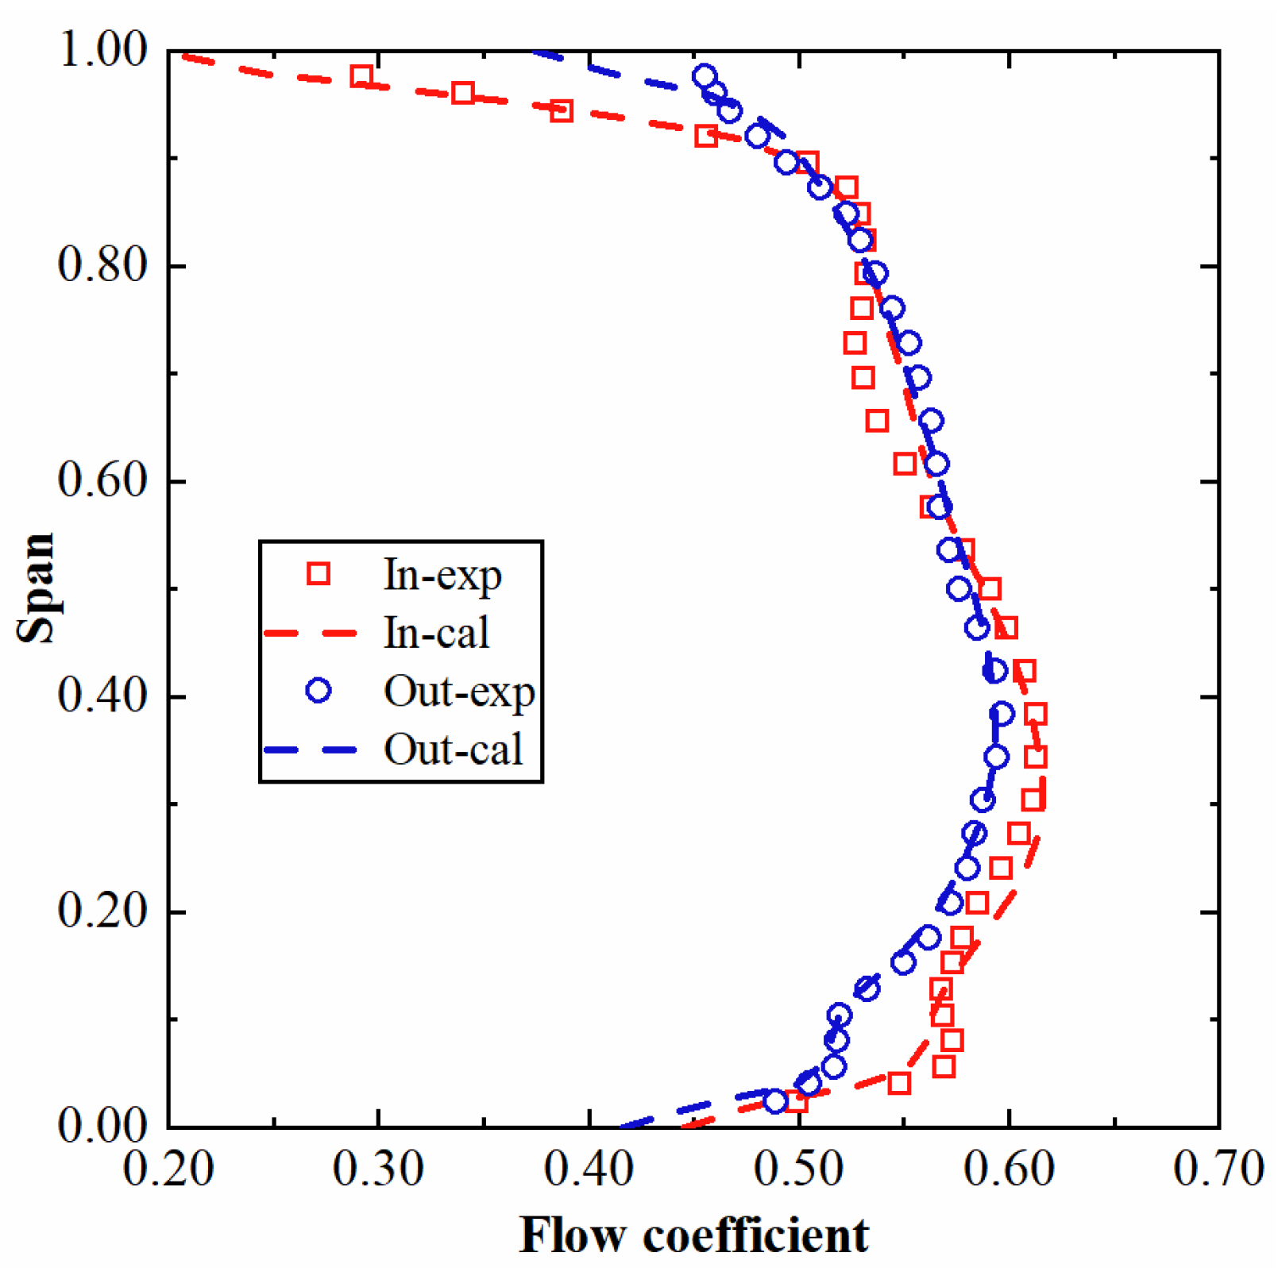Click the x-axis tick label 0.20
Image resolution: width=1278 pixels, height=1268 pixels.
pos(168,1169)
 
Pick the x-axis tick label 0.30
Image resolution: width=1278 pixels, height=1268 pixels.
pos(378,1169)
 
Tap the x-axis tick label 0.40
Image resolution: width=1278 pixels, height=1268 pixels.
pos(589,1169)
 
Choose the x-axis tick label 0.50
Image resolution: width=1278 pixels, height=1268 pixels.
pos(798,1169)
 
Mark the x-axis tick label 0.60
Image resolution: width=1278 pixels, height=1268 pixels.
pos(1009,1169)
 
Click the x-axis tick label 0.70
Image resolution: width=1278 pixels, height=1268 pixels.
pos(1218,1169)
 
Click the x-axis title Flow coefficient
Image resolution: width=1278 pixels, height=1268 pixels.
pos(693,1235)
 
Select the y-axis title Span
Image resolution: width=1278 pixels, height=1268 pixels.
pos(37,588)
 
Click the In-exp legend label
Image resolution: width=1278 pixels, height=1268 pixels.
pos(442,575)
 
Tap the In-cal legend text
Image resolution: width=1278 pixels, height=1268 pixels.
pos(436,633)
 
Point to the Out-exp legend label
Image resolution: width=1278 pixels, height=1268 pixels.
pos(459,692)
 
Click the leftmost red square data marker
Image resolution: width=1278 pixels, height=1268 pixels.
pos(362,77)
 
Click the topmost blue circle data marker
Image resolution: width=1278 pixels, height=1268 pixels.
pos(704,77)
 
